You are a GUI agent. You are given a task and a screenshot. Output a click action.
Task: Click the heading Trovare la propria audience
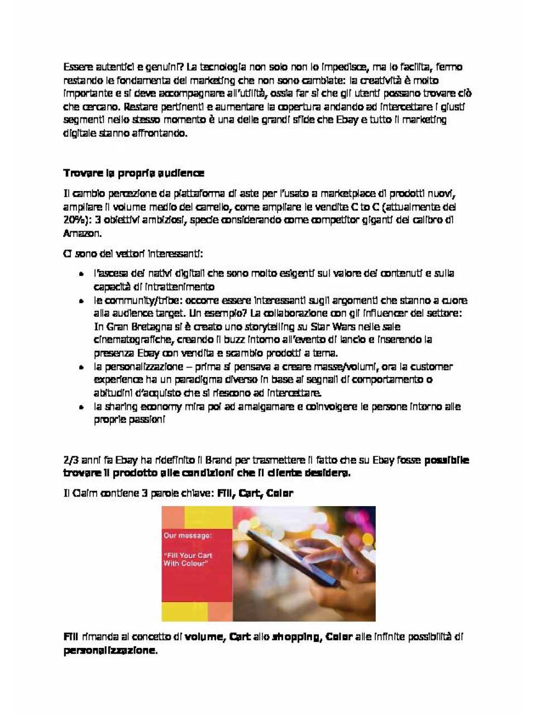133,173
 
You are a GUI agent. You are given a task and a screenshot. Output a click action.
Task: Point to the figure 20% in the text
74,220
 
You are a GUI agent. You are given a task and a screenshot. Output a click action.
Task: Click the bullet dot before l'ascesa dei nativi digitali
82,274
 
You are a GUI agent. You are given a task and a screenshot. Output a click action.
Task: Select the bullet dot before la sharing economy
82,407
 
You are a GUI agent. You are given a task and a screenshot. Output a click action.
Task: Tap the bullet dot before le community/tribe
82,301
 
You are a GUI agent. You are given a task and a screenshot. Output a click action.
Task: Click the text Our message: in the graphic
188,536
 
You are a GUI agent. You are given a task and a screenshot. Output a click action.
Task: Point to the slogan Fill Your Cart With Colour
188,559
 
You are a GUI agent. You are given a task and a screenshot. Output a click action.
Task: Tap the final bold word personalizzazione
109,650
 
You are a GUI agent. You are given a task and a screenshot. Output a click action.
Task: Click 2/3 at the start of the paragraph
71,460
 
